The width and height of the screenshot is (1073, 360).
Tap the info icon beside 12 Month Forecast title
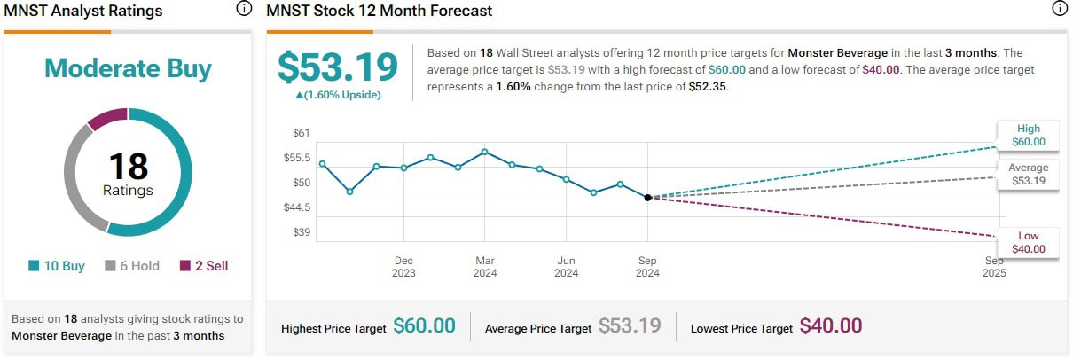(1059, 10)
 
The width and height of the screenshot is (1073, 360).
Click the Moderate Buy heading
(128, 68)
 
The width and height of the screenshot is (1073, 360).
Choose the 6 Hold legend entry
(133, 266)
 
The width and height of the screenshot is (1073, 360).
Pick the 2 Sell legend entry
(204, 266)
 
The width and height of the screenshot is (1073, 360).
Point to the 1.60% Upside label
(337, 95)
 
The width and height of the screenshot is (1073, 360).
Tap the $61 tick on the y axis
(302, 133)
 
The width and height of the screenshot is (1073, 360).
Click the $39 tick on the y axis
(302, 232)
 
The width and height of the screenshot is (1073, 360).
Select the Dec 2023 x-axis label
(403, 267)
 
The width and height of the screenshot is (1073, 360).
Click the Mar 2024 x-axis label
(485, 267)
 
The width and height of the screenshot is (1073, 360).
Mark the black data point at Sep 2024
(647, 198)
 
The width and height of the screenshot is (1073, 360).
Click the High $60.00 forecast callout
(1029, 135)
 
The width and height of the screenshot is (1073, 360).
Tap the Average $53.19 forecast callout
(1029, 174)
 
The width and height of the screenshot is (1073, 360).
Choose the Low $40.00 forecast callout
(1029, 242)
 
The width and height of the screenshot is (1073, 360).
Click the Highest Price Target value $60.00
(424, 326)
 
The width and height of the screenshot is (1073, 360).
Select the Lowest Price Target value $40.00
(830, 326)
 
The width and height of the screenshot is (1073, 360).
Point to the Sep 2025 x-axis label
(994, 267)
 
